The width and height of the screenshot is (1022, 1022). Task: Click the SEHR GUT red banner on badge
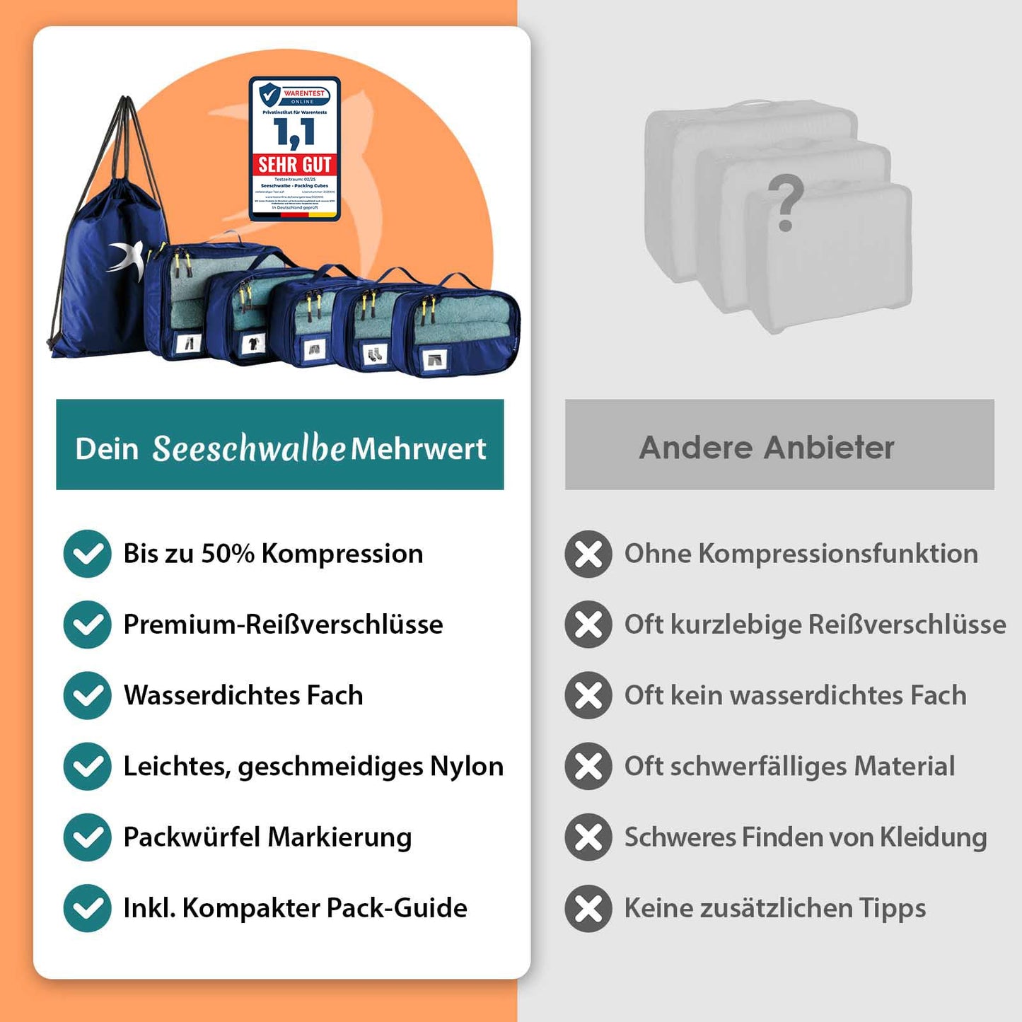pyautogui.click(x=294, y=165)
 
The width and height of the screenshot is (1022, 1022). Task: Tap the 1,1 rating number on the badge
pyautogui.click(x=294, y=132)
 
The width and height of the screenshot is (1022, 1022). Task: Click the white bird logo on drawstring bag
pyautogui.click(x=125, y=257)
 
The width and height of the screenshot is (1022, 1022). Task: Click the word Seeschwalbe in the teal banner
pyautogui.click(x=249, y=448)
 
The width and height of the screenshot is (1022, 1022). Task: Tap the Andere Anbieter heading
pyautogui.click(x=767, y=447)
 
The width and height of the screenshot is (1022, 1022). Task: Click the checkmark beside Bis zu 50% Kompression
pyautogui.click(x=87, y=554)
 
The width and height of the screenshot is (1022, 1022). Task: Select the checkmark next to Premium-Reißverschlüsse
pyautogui.click(x=87, y=625)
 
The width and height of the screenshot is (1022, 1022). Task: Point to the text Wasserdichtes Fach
pyautogui.click(x=243, y=695)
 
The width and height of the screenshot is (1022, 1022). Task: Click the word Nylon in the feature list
pyautogui.click(x=467, y=766)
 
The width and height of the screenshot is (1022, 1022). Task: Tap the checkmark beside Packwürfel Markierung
pyautogui.click(x=87, y=837)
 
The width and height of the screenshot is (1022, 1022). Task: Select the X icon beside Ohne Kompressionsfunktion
pyautogui.click(x=588, y=554)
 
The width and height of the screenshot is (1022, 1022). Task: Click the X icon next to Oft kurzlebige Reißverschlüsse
pyautogui.click(x=588, y=625)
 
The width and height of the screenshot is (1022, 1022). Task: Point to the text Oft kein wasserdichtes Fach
pyautogui.click(x=795, y=695)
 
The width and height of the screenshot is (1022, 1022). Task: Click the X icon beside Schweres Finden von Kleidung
pyautogui.click(x=588, y=837)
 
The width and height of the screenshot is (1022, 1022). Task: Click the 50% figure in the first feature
pyautogui.click(x=228, y=554)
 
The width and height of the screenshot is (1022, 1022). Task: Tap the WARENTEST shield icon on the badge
pyautogui.click(x=269, y=95)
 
